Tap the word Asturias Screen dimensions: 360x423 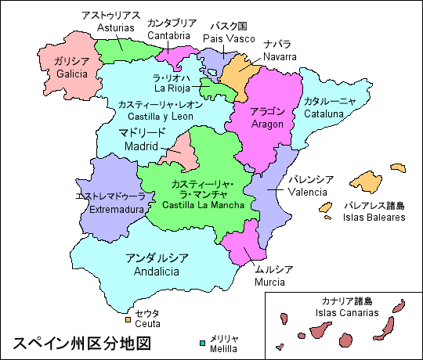coord(117,27)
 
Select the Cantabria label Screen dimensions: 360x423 coord(168,36)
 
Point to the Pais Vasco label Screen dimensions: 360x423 coord(225,38)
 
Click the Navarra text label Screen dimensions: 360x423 coord(280,56)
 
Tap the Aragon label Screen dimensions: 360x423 coord(266,124)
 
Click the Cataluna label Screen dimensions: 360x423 coord(324,113)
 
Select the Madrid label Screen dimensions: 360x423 coord(141,146)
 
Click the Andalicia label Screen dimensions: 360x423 coord(156,272)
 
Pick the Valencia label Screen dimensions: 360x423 coord(307,191)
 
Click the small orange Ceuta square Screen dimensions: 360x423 coord(128,319)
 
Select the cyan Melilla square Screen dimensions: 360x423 coord(201,341)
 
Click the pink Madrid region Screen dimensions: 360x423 coord(182,152)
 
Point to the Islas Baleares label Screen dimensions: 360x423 coord(374,217)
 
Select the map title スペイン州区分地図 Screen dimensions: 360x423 coord(80,343)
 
